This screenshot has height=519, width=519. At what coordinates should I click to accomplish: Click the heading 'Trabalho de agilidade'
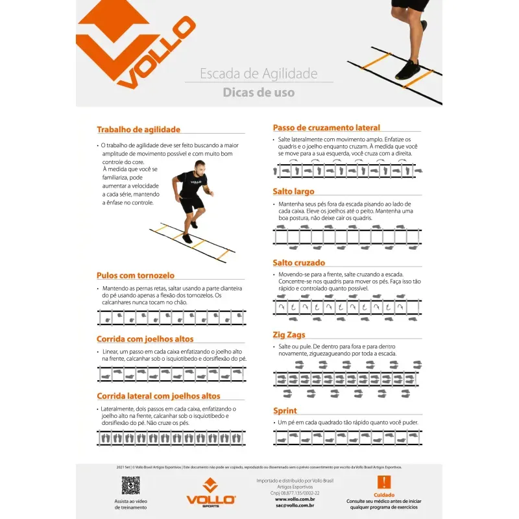(138, 130)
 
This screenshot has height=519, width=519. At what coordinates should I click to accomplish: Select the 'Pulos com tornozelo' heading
(135, 276)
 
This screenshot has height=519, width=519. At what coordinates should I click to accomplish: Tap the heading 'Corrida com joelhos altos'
(145, 339)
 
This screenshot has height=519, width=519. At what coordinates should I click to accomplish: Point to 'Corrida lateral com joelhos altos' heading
(158, 396)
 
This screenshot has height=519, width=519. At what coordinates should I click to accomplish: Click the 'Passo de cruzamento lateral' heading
(326, 128)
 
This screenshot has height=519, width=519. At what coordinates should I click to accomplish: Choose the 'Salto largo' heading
(293, 192)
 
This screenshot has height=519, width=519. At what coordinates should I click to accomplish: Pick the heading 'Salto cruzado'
(298, 263)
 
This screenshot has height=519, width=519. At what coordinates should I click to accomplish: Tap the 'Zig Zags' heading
(289, 335)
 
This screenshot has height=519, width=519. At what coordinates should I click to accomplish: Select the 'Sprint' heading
(285, 411)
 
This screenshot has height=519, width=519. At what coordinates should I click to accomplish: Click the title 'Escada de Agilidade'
(258, 73)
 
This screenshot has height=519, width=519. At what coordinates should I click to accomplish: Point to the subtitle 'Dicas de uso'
(258, 93)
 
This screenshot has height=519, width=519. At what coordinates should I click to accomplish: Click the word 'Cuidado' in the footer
(383, 494)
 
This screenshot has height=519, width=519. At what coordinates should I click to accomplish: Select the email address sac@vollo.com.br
(295, 505)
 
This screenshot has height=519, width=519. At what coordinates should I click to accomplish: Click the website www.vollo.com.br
(295, 499)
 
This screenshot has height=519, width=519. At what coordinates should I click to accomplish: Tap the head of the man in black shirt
(199, 166)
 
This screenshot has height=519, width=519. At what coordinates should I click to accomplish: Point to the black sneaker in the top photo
(409, 69)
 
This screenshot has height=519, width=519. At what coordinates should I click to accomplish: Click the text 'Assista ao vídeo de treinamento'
(130, 504)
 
